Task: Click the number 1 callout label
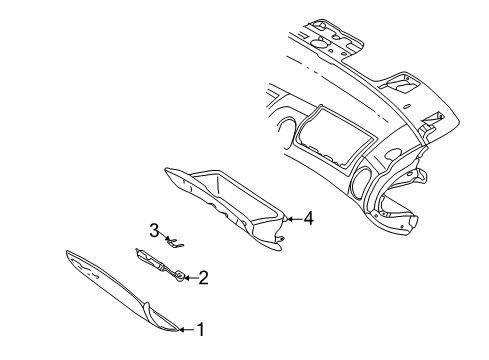200,328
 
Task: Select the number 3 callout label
154,231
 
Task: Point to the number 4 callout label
308,217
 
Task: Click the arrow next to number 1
186,328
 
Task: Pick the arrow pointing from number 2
190,277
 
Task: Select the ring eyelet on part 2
178,277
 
